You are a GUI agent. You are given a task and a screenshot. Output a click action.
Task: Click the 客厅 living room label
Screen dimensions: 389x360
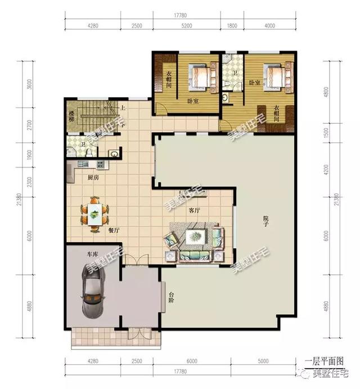tap(195, 210)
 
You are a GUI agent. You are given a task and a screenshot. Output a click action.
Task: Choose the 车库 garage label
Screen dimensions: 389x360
tap(92, 254)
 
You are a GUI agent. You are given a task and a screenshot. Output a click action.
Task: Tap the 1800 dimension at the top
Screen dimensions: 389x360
tap(232, 25)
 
